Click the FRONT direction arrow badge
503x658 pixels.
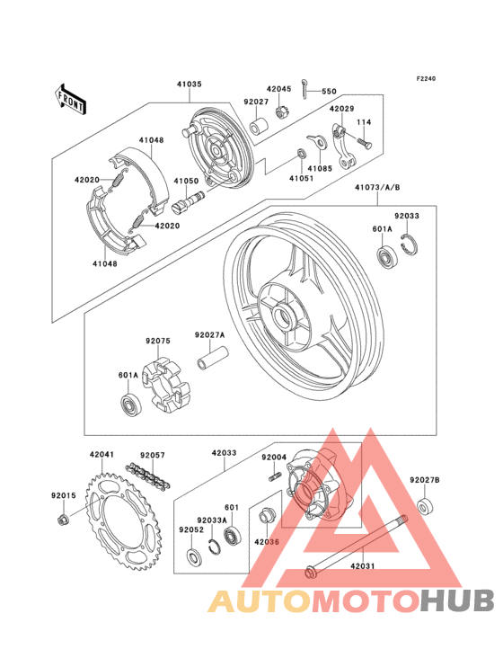pyautogui.click(x=71, y=97)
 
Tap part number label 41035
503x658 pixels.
pyautogui.click(x=189, y=84)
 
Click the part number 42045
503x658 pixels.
pyautogui.click(x=278, y=89)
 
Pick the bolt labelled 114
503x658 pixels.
pyautogui.click(x=363, y=141)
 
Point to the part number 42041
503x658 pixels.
pyautogui.click(x=101, y=456)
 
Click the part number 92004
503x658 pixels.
pyautogui.click(x=273, y=458)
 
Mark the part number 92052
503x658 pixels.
pyautogui.click(x=190, y=529)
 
